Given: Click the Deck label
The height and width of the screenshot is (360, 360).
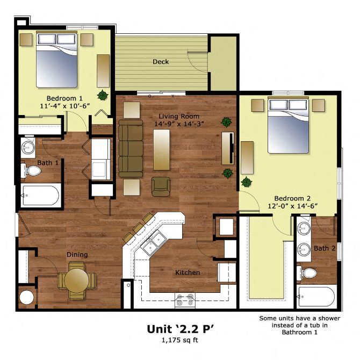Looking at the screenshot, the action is click(161, 62).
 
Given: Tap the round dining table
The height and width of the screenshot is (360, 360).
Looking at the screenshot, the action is click(76, 280).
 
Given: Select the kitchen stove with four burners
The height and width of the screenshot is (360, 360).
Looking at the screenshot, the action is click(185, 300).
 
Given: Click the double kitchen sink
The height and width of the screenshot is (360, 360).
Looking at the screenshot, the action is click(153, 243).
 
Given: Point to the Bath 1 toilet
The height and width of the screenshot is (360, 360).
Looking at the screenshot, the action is click(31, 170).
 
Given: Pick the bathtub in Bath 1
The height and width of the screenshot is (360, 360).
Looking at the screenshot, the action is click(41, 196).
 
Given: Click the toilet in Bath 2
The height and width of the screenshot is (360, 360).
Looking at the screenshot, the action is click(306, 273).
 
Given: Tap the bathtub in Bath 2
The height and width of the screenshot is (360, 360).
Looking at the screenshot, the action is click(316, 296).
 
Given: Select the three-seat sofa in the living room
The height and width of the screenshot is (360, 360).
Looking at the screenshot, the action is click(131, 148).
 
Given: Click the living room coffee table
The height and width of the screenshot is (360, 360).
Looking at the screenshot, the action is click(162, 150).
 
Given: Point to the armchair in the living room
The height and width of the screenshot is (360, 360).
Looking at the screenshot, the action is click(161, 186).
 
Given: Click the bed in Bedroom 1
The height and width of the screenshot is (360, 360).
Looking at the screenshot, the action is click(56, 60).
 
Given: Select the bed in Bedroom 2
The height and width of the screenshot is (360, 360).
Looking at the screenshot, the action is click(289, 125).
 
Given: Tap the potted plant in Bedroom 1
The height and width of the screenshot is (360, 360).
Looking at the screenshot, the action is click(103, 95).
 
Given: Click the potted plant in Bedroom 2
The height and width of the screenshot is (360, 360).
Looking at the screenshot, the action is click(247, 182).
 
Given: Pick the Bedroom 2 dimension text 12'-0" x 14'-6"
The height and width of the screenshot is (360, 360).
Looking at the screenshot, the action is click(292, 206).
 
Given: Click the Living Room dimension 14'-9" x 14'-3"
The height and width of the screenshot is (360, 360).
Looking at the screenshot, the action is click(179, 124).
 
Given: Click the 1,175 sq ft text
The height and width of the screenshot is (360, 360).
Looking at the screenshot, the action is click(180, 340).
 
